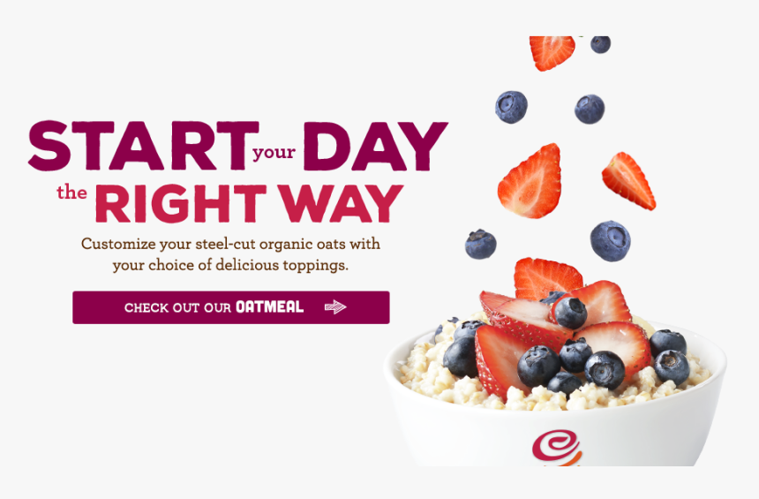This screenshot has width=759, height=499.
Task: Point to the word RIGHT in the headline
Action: click(x=180, y=204)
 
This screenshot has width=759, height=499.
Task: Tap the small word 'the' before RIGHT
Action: click(x=72, y=193)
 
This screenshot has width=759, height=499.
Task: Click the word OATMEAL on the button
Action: click(x=269, y=307)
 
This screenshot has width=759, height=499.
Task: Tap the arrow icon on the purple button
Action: click(x=335, y=307)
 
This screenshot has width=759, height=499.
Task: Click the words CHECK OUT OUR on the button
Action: click(x=177, y=308)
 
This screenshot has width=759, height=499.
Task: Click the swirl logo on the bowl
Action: click(x=557, y=445)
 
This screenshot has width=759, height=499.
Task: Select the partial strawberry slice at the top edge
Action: click(x=552, y=51)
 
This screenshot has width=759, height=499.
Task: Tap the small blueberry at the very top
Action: click(x=600, y=43)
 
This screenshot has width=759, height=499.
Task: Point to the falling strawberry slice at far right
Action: click(x=628, y=180)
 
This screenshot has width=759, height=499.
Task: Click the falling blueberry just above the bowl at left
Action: click(x=481, y=244)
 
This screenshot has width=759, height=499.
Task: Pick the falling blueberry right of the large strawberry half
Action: click(x=610, y=241)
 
